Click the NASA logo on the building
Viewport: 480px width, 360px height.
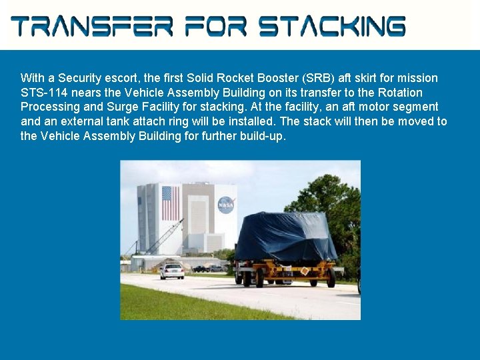coord(226,203)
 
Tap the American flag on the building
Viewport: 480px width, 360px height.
coord(171,203)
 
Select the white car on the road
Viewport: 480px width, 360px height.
coord(171,271)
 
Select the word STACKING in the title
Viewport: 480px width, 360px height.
coord(331,27)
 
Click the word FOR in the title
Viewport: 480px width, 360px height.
coord(216,27)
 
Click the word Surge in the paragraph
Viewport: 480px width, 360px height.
coord(121,107)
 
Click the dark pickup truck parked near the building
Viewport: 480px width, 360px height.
coord(200,269)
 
